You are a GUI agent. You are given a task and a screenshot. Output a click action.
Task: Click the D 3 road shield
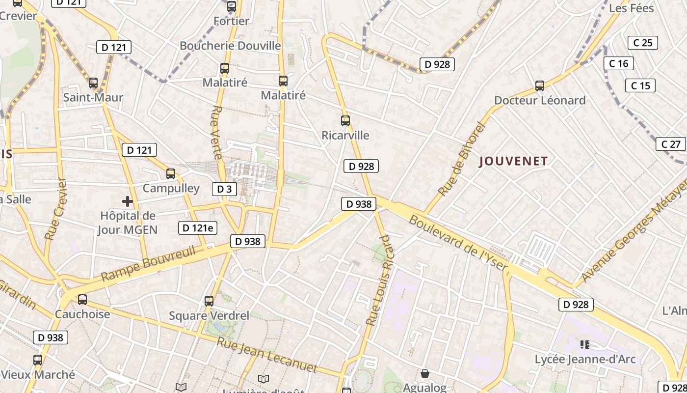(224, 189)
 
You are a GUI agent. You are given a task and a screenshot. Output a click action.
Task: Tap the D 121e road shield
(197, 227)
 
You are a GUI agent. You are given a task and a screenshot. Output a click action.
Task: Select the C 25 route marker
(643, 43)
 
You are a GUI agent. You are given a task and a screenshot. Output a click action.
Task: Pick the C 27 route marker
(671, 144)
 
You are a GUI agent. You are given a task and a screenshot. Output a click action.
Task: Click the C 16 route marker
(619, 63)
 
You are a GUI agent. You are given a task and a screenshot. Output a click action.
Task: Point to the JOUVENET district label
(513, 161)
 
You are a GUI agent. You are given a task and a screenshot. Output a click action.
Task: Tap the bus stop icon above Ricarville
(345, 120)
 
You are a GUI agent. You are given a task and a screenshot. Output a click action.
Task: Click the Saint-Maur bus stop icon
(93, 83)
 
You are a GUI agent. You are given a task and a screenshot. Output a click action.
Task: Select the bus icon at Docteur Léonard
(540, 86)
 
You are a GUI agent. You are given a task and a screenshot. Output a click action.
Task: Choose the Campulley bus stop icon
(171, 173)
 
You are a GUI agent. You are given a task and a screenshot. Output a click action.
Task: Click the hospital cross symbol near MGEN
(128, 201)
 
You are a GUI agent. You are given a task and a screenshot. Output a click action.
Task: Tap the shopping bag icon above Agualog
(425, 373)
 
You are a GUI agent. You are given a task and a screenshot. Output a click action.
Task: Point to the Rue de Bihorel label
(461, 160)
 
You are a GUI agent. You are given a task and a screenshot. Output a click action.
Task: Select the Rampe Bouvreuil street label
(148, 264)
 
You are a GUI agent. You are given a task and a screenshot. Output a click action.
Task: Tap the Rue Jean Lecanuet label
(267, 355)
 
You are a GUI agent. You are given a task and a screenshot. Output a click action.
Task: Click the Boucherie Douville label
(230, 46)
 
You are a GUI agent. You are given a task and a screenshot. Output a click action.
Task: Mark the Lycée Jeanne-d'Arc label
(585, 359)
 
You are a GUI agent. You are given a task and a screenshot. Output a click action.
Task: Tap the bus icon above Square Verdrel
(209, 301)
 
